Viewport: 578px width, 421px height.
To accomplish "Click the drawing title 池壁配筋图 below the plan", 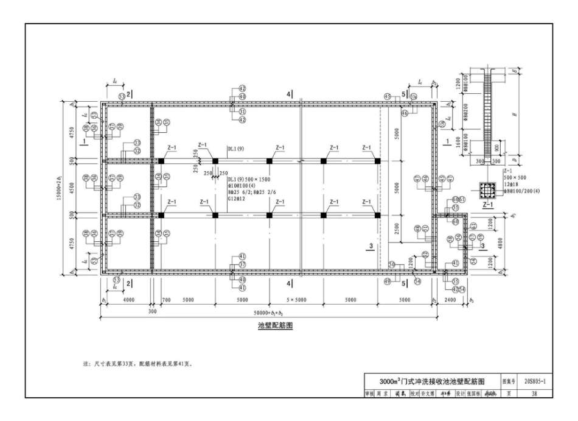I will point(275,326).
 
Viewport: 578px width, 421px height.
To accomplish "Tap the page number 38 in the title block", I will point(534,394).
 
